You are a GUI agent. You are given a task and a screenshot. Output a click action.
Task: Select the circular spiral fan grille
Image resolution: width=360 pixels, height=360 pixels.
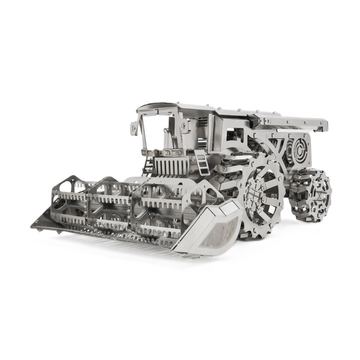(x=298, y=148)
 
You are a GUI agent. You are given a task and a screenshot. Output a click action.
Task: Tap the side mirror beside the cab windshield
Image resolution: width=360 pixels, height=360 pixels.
(x=134, y=127)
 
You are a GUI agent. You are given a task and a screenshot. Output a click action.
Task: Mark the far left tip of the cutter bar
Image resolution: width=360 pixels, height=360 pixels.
(x=33, y=224)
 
